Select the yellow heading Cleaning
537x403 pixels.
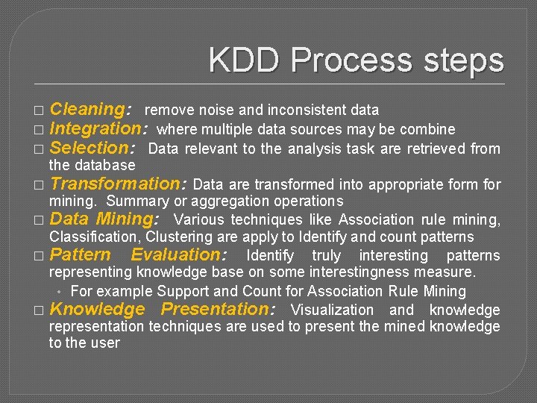pyautogui.click(x=89, y=110)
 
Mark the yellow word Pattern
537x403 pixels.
pyautogui.click(x=80, y=255)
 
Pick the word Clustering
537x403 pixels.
pyautogui.click(x=180, y=237)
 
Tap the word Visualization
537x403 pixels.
pyautogui.click(x=332, y=310)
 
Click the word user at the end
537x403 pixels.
pyautogui.click(x=104, y=343)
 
